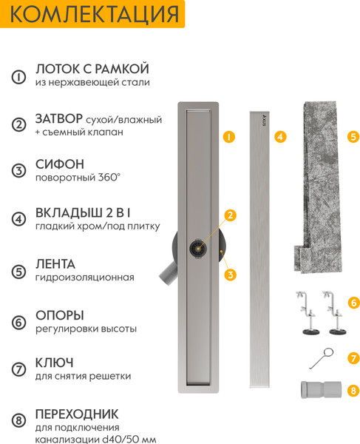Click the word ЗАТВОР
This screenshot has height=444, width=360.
click(x=58, y=118)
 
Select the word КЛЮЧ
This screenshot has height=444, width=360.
click(x=54, y=362)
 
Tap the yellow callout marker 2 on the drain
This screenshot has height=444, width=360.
click(x=230, y=215)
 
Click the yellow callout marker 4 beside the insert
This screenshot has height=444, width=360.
click(x=279, y=137)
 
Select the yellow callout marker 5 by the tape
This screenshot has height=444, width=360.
click(x=353, y=137)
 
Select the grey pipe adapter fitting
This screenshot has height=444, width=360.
click(x=322, y=389)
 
